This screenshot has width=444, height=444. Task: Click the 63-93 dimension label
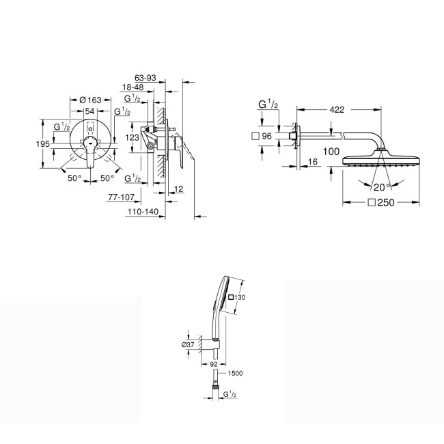click(x=148, y=78)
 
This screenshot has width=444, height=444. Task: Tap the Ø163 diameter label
click(x=89, y=100)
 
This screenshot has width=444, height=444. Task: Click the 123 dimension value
click(x=133, y=137)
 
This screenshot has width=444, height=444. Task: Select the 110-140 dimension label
click(x=142, y=212)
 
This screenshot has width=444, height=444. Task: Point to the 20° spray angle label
click(x=380, y=185)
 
